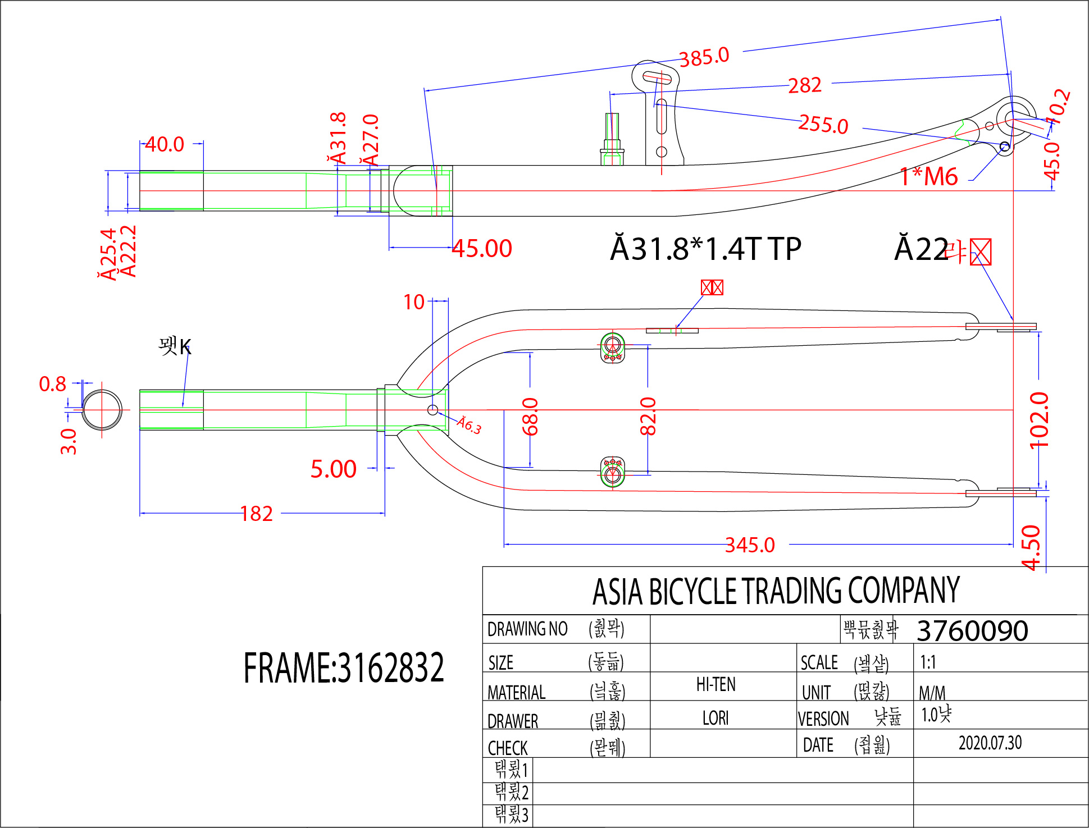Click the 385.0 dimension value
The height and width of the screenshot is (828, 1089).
tap(704, 57)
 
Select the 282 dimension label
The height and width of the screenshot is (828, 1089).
tap(804, 85)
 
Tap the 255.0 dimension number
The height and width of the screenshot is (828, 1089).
tap(823, 124)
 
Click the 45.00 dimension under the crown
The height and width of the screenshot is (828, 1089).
tap(482, 248)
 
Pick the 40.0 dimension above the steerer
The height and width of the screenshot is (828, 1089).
tap(164, 144)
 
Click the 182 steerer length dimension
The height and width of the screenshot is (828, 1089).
tap(257, 514)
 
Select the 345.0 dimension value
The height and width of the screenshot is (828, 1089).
tap(750, 545)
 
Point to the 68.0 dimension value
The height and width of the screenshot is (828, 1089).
tap(530, 417)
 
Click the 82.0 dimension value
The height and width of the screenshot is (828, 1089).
tap(648, 417)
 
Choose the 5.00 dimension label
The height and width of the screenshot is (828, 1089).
tap(333, 469)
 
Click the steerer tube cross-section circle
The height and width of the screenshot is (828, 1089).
tap(102, 410)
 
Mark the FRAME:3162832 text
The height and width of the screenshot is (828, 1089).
tap(343, 668)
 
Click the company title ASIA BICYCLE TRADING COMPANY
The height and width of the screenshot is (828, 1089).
tap(776, 591)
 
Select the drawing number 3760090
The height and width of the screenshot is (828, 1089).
tap(972, 630)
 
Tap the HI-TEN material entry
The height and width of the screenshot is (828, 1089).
tap(716, 684)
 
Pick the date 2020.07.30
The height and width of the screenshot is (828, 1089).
tap(990, 743)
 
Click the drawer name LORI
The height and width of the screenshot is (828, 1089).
tap(716, 718)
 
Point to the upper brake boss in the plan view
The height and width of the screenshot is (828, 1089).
tap(613, 347)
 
